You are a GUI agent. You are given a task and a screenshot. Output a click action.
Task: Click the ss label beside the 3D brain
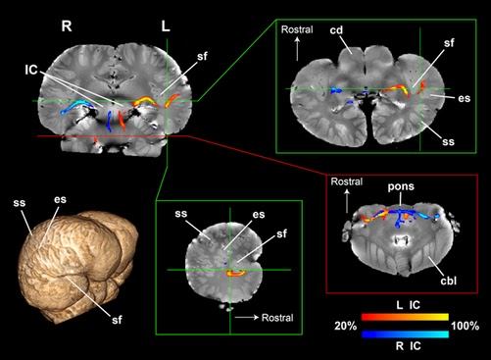coord(19,204)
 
